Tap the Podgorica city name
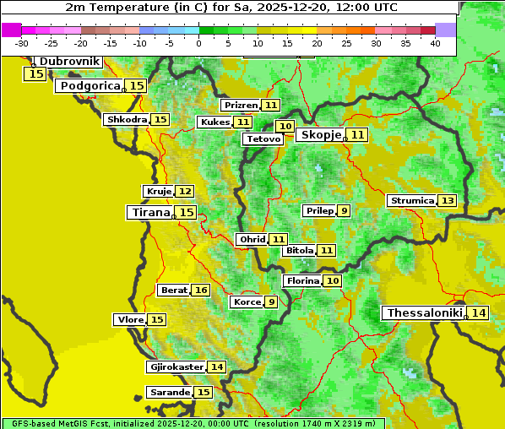90,85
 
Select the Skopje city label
320,134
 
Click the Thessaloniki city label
424,312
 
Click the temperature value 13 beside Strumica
447,200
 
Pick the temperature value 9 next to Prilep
344,210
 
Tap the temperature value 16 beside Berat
200,290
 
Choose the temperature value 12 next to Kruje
184,191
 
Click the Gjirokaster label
176,367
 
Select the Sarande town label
169,392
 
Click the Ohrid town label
252,239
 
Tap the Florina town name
302,280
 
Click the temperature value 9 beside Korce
271,301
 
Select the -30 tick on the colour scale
22,42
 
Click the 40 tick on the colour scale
435,42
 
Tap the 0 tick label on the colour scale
198,42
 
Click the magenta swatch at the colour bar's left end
11,30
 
